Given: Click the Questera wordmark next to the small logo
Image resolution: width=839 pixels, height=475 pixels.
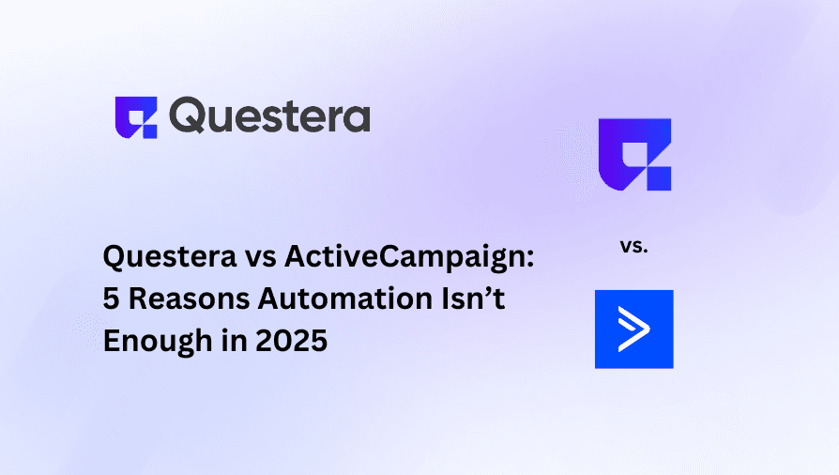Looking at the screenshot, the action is pos(269,115).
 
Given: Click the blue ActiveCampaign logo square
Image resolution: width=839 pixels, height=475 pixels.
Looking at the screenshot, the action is pos(634,329).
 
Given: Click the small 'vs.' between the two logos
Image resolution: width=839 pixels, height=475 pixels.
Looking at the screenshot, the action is pos(634,246).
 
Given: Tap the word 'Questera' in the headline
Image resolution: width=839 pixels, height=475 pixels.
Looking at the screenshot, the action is pos(170,257).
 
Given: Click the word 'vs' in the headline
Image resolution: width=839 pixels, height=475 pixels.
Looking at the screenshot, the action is pos(261,259).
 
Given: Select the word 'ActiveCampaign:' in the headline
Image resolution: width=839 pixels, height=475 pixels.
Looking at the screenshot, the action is pos(409,257).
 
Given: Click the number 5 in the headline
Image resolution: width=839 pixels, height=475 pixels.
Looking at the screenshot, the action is pos(111,299).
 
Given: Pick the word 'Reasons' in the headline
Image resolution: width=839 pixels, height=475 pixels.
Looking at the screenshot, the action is pos(189,299).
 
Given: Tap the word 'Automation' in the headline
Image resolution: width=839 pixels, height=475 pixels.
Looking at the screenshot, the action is pos(345,299).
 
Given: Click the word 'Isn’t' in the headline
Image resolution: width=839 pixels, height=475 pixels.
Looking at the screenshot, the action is pos(473,298).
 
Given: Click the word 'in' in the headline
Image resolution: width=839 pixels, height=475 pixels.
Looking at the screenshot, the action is pos(234,340).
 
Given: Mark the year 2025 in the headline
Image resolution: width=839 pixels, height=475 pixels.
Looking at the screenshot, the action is pos(291,341).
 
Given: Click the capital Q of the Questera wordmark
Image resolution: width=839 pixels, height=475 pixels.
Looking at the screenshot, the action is pos(188,115).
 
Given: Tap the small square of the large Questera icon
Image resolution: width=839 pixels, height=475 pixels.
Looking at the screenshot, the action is pos(659,179).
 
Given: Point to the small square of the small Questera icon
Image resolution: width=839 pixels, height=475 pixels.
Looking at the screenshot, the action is pos(150,131).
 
